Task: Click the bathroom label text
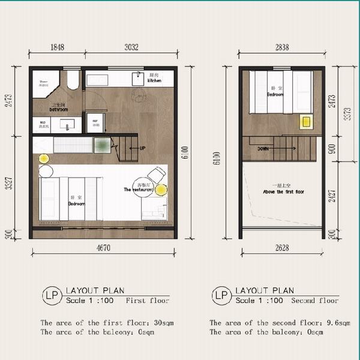point(58,110)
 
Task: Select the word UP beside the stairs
point(142,148)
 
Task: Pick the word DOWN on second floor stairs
point(263,148)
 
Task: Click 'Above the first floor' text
point(280,192)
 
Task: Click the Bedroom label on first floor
point(77,203)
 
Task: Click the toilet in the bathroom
point(73,80)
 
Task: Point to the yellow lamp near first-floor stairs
point(44,158)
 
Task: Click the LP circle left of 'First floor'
point(50,295)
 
